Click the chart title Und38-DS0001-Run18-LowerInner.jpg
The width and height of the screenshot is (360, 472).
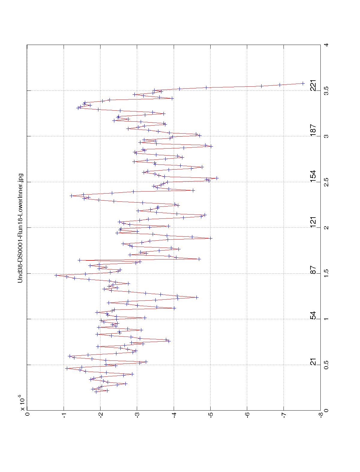point(20,227)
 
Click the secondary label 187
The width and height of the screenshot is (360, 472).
point(313,131)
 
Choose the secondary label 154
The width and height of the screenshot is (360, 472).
point(313,177)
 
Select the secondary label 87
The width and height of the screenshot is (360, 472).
point(313,269)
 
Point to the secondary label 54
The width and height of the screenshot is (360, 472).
point(313,316)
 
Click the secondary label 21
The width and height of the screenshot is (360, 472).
point(313,362)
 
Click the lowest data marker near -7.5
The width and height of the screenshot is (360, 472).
point(303,83)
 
